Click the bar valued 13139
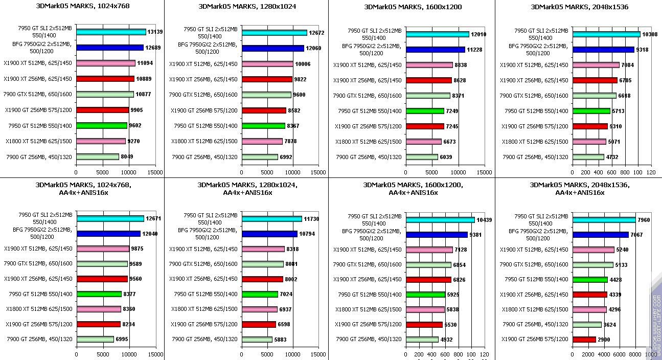111,32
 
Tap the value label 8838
460,65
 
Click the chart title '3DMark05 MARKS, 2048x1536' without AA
579,7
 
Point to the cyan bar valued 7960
604,220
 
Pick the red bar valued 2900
584,340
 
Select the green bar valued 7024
260,294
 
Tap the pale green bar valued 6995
95,339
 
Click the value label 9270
134,141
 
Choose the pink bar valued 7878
262,141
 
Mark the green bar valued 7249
425,111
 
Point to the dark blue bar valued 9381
437,235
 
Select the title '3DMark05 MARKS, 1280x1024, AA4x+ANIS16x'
247,188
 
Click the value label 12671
153,219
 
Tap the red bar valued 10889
105,79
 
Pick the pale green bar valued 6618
595,96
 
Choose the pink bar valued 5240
593,250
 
